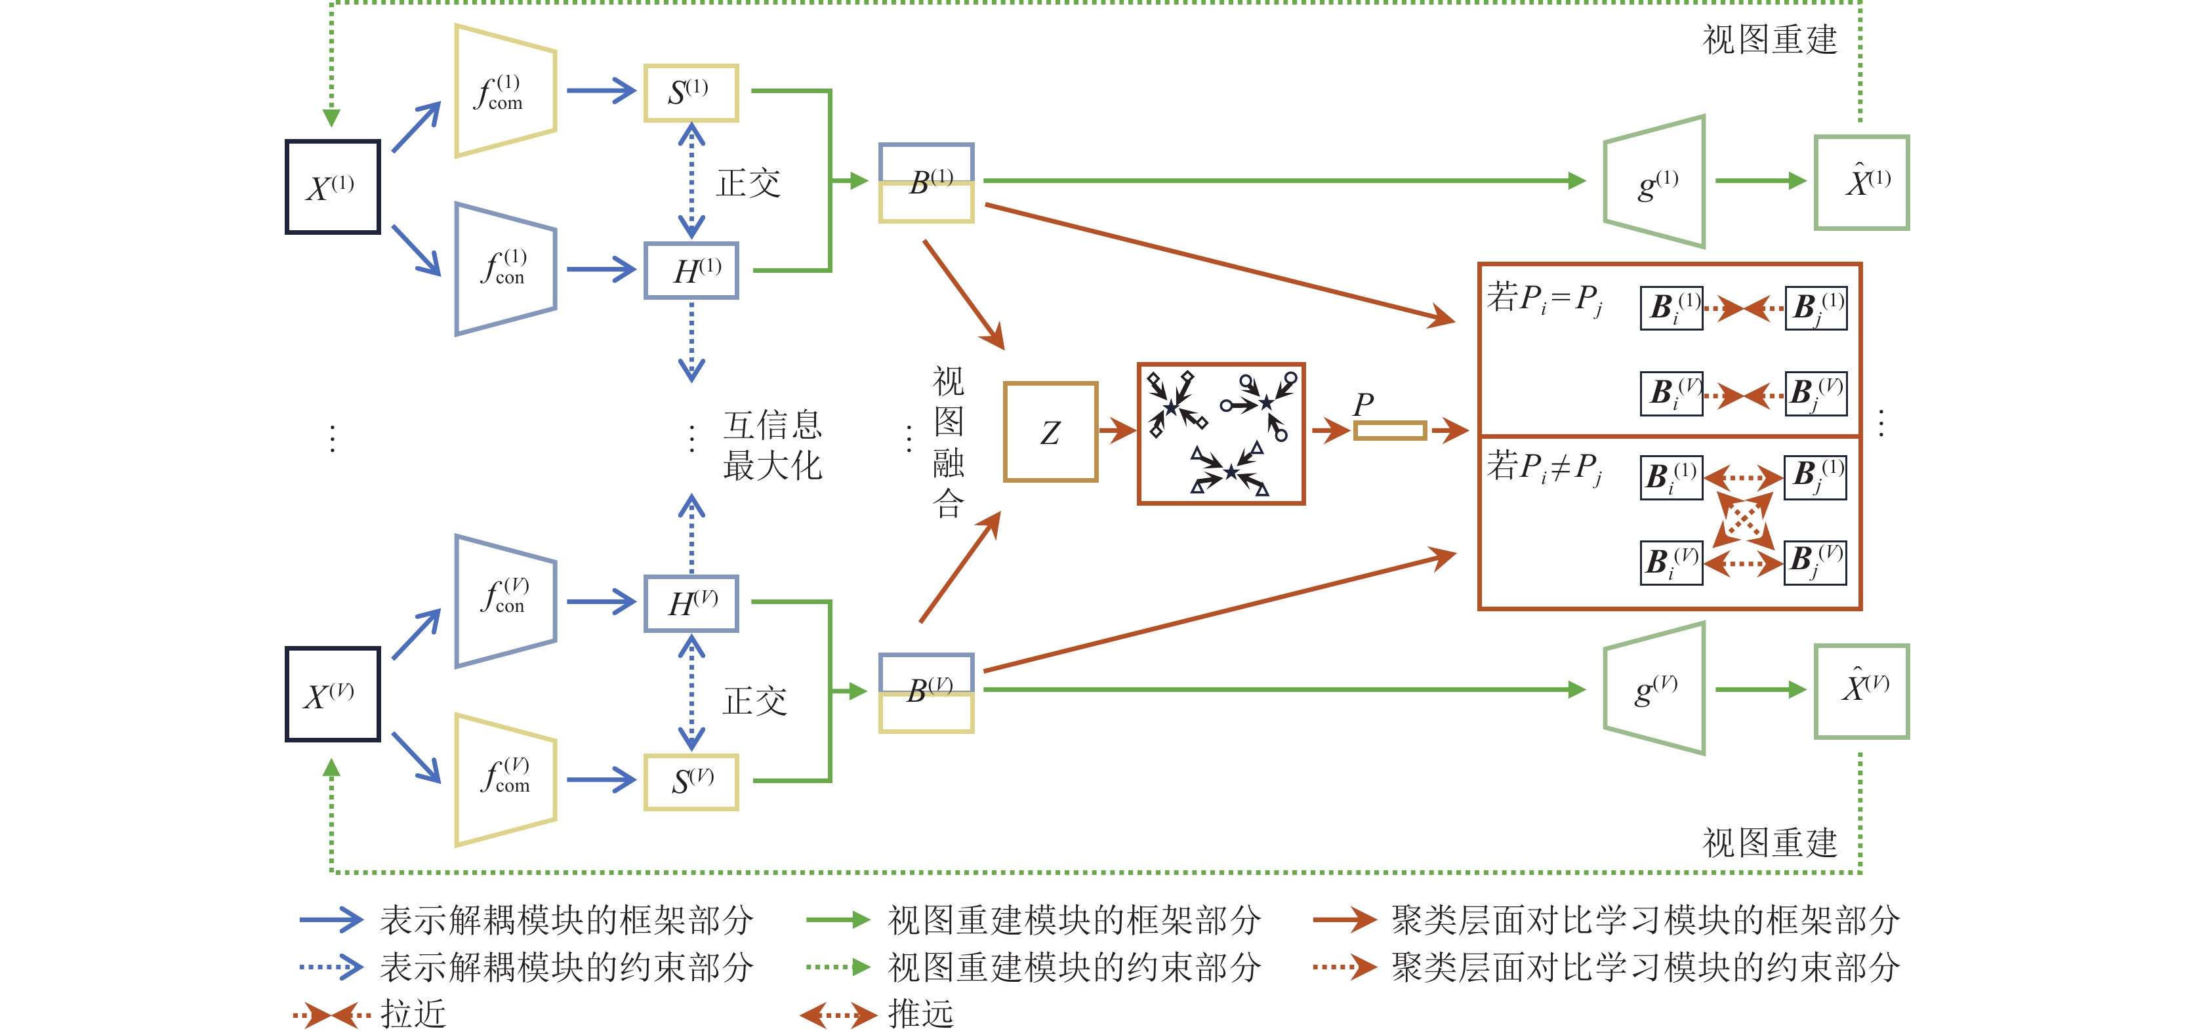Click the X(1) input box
point(333,187)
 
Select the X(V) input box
point(333,694)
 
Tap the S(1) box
point(690,92)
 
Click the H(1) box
point(691,271)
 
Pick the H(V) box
point(691,603)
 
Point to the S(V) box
point(691,781)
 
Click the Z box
point(1051,432)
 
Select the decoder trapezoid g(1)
point(1654,182)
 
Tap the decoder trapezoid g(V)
point(1654,689)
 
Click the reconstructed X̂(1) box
point(1862,182)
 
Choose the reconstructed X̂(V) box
point(1862,691)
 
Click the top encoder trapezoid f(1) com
point(505,91)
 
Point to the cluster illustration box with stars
point(1221,434)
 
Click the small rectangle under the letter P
point(1390,431)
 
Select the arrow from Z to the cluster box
point(1117,430)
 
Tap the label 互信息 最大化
point(772,445)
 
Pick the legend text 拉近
point(413,1014)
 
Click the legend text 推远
point(920,1014)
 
